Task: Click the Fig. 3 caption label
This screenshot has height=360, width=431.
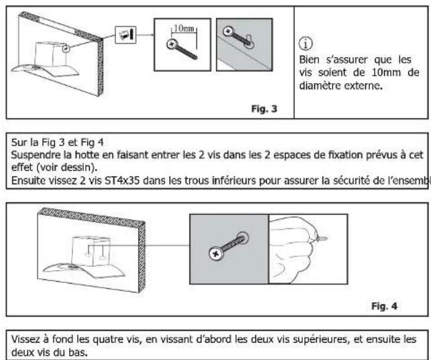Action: (264, 109)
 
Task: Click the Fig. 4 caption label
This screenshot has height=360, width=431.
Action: (384, 306)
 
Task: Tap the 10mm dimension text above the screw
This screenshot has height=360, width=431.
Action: (184, 28)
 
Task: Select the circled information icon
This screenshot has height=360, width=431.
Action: (306, 44)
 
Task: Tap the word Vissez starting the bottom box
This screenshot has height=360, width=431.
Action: (25, 339)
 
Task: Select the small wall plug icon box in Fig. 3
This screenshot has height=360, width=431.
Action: (125, 35)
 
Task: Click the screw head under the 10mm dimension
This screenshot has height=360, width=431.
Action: (172, 44)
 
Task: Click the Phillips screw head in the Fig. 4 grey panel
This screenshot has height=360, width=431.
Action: (217, 253)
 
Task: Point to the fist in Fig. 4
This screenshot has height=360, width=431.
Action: (293, 249)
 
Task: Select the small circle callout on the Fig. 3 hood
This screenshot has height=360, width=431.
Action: (66, 49)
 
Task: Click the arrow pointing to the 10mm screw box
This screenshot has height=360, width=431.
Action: (145, 35)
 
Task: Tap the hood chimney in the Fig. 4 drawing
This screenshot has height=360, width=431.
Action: (90, 251)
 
